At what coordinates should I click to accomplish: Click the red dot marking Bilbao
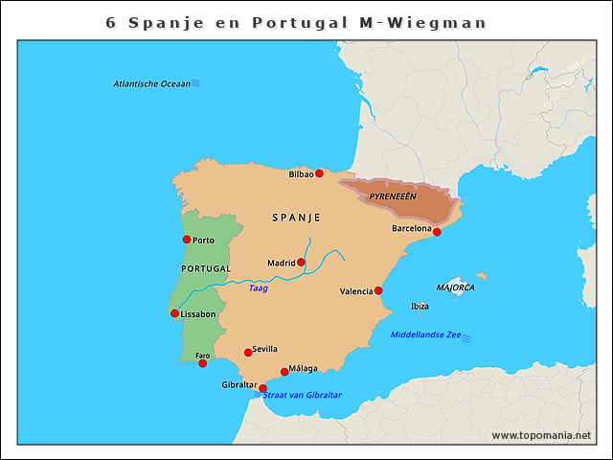(319, 173)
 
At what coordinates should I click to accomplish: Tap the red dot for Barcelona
(437, 232)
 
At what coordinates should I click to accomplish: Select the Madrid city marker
(301, 262)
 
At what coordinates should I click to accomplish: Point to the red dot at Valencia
(378, 290)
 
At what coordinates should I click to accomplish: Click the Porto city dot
(187, 240)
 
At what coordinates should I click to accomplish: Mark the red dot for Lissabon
(174, 313)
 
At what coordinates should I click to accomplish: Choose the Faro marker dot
(202, 363)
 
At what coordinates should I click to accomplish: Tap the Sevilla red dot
(248, 352)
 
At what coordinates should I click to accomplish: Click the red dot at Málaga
(284, 372)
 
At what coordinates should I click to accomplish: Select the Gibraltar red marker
(263, 388)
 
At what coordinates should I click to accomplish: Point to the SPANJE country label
(296, 218)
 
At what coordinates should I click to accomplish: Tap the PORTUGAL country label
(206, 268)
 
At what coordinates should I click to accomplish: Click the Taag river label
(258, 287)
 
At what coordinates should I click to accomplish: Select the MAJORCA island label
(455, 287)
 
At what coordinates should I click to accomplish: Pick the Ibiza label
(420, 307)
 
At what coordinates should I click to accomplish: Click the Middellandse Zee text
(426, 335)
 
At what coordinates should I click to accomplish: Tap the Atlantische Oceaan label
(151, 83)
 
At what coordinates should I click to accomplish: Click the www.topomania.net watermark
(541, 435)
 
